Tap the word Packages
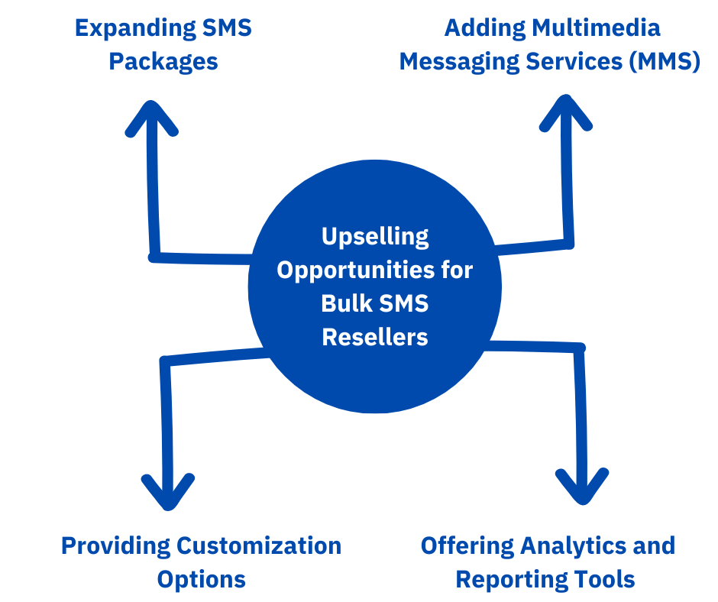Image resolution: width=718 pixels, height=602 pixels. (x=163, y=61)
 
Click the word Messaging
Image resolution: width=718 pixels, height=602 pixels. (x=451, y=61)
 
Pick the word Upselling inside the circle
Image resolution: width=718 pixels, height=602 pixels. (x=374, y=237)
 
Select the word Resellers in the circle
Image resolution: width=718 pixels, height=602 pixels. (x=374, y=336)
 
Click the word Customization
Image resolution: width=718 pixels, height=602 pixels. (x=259, y=545)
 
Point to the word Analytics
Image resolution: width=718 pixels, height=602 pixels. (x=573, y=545)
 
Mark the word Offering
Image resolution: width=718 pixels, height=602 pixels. (x=467, y=545)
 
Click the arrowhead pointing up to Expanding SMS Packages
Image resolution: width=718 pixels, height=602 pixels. (x=152, y=115)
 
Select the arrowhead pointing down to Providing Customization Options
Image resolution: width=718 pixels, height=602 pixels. (x=168, y=495)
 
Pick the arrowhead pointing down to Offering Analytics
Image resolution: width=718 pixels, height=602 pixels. (x=582, y=490)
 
